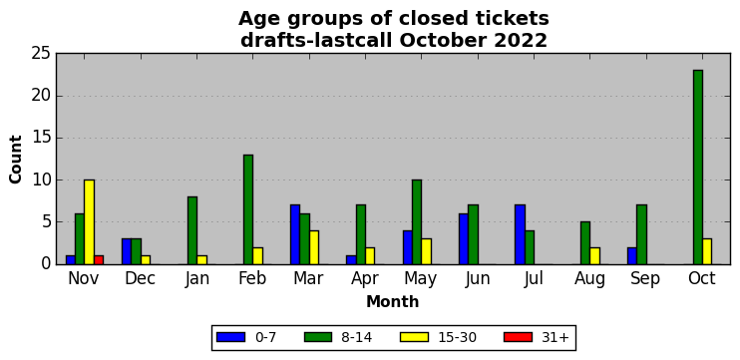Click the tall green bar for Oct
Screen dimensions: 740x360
click(698, 167)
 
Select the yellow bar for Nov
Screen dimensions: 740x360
click(89, 221)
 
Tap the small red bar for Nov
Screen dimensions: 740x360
click(99, 260)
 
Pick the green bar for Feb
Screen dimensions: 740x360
click(248, 209)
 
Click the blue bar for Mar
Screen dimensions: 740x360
click(295, 234)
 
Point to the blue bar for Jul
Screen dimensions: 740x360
click(520, 234)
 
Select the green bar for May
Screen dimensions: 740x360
click(417, 221)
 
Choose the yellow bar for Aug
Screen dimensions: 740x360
click(594, 255)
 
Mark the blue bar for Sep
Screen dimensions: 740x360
click(632, 255)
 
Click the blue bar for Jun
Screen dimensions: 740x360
click(464, 238)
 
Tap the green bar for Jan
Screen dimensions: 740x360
click(192, 230)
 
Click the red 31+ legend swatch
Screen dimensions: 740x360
click(518, 337)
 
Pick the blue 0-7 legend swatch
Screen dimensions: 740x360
click(230, 337)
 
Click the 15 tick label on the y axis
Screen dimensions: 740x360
click(41, 139)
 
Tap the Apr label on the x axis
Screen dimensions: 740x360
click(365, 278)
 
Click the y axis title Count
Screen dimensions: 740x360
click(16, 159)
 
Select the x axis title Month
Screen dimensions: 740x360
click(393, 301)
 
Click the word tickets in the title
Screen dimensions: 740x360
click(502, 19)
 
